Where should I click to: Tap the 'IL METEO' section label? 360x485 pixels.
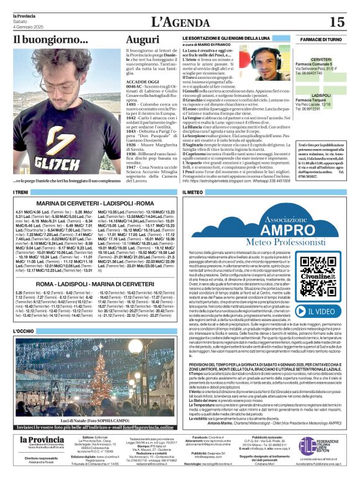click(192, 193)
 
